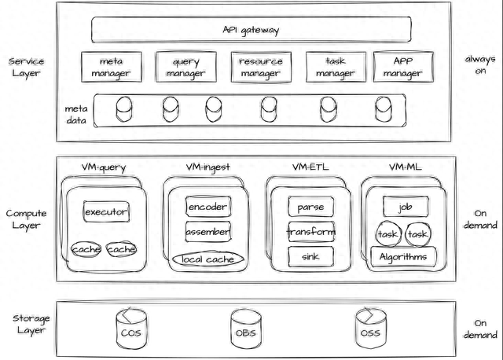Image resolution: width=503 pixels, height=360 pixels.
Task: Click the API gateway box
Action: pyautogui.click(x=251, y=30)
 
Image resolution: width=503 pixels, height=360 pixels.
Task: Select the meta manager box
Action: pyautogui.click(x=112, y=67)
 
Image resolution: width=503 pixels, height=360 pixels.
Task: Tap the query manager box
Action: pyautogui.click(x=186, y=67)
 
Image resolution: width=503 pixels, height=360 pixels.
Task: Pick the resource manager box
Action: pyautogui.click(x=261, y=67)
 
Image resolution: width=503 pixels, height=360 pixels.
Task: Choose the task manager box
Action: pyautogui.click(x=336, y=67)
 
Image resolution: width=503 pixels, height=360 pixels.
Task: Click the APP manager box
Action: pyautogui.click(x=403, y=67)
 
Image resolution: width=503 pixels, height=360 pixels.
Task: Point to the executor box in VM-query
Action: pyautogui.click(x=106, y=211)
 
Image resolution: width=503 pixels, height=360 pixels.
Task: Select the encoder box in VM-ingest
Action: pyautogui.click(x=208, y=207)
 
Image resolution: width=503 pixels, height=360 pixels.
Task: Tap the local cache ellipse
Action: pyautogui.click(x=207, y=259)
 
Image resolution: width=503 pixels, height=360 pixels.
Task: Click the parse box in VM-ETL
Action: pyautogui.click(x=311, y=207)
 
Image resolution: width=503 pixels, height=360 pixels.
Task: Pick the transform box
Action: pyautogui.click(x=311, y=231)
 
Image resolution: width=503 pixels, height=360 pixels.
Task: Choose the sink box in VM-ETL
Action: pyautogui.click(x=311, y=256)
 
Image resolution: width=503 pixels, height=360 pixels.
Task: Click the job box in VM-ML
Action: pyautogui.click(x=406, y=207)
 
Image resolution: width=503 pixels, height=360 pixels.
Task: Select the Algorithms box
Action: pyautogui.click(x=403, y=257)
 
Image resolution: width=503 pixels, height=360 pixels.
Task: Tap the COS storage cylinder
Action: pyautogui.click(x=131, y=329)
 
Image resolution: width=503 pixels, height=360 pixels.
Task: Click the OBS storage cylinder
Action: pyautogui.click(x=246, y=329)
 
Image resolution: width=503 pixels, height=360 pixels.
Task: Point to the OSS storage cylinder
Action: pyautogui.click(x=371, y=329)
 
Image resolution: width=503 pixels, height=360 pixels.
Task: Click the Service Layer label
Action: pyautogui.click(x=26, y=67)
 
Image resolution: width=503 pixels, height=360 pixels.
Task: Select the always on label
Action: pyautogui.click(x=480, y=64)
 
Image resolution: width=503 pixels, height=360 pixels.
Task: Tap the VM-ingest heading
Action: pyautogui.click(x=208, y=167)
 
